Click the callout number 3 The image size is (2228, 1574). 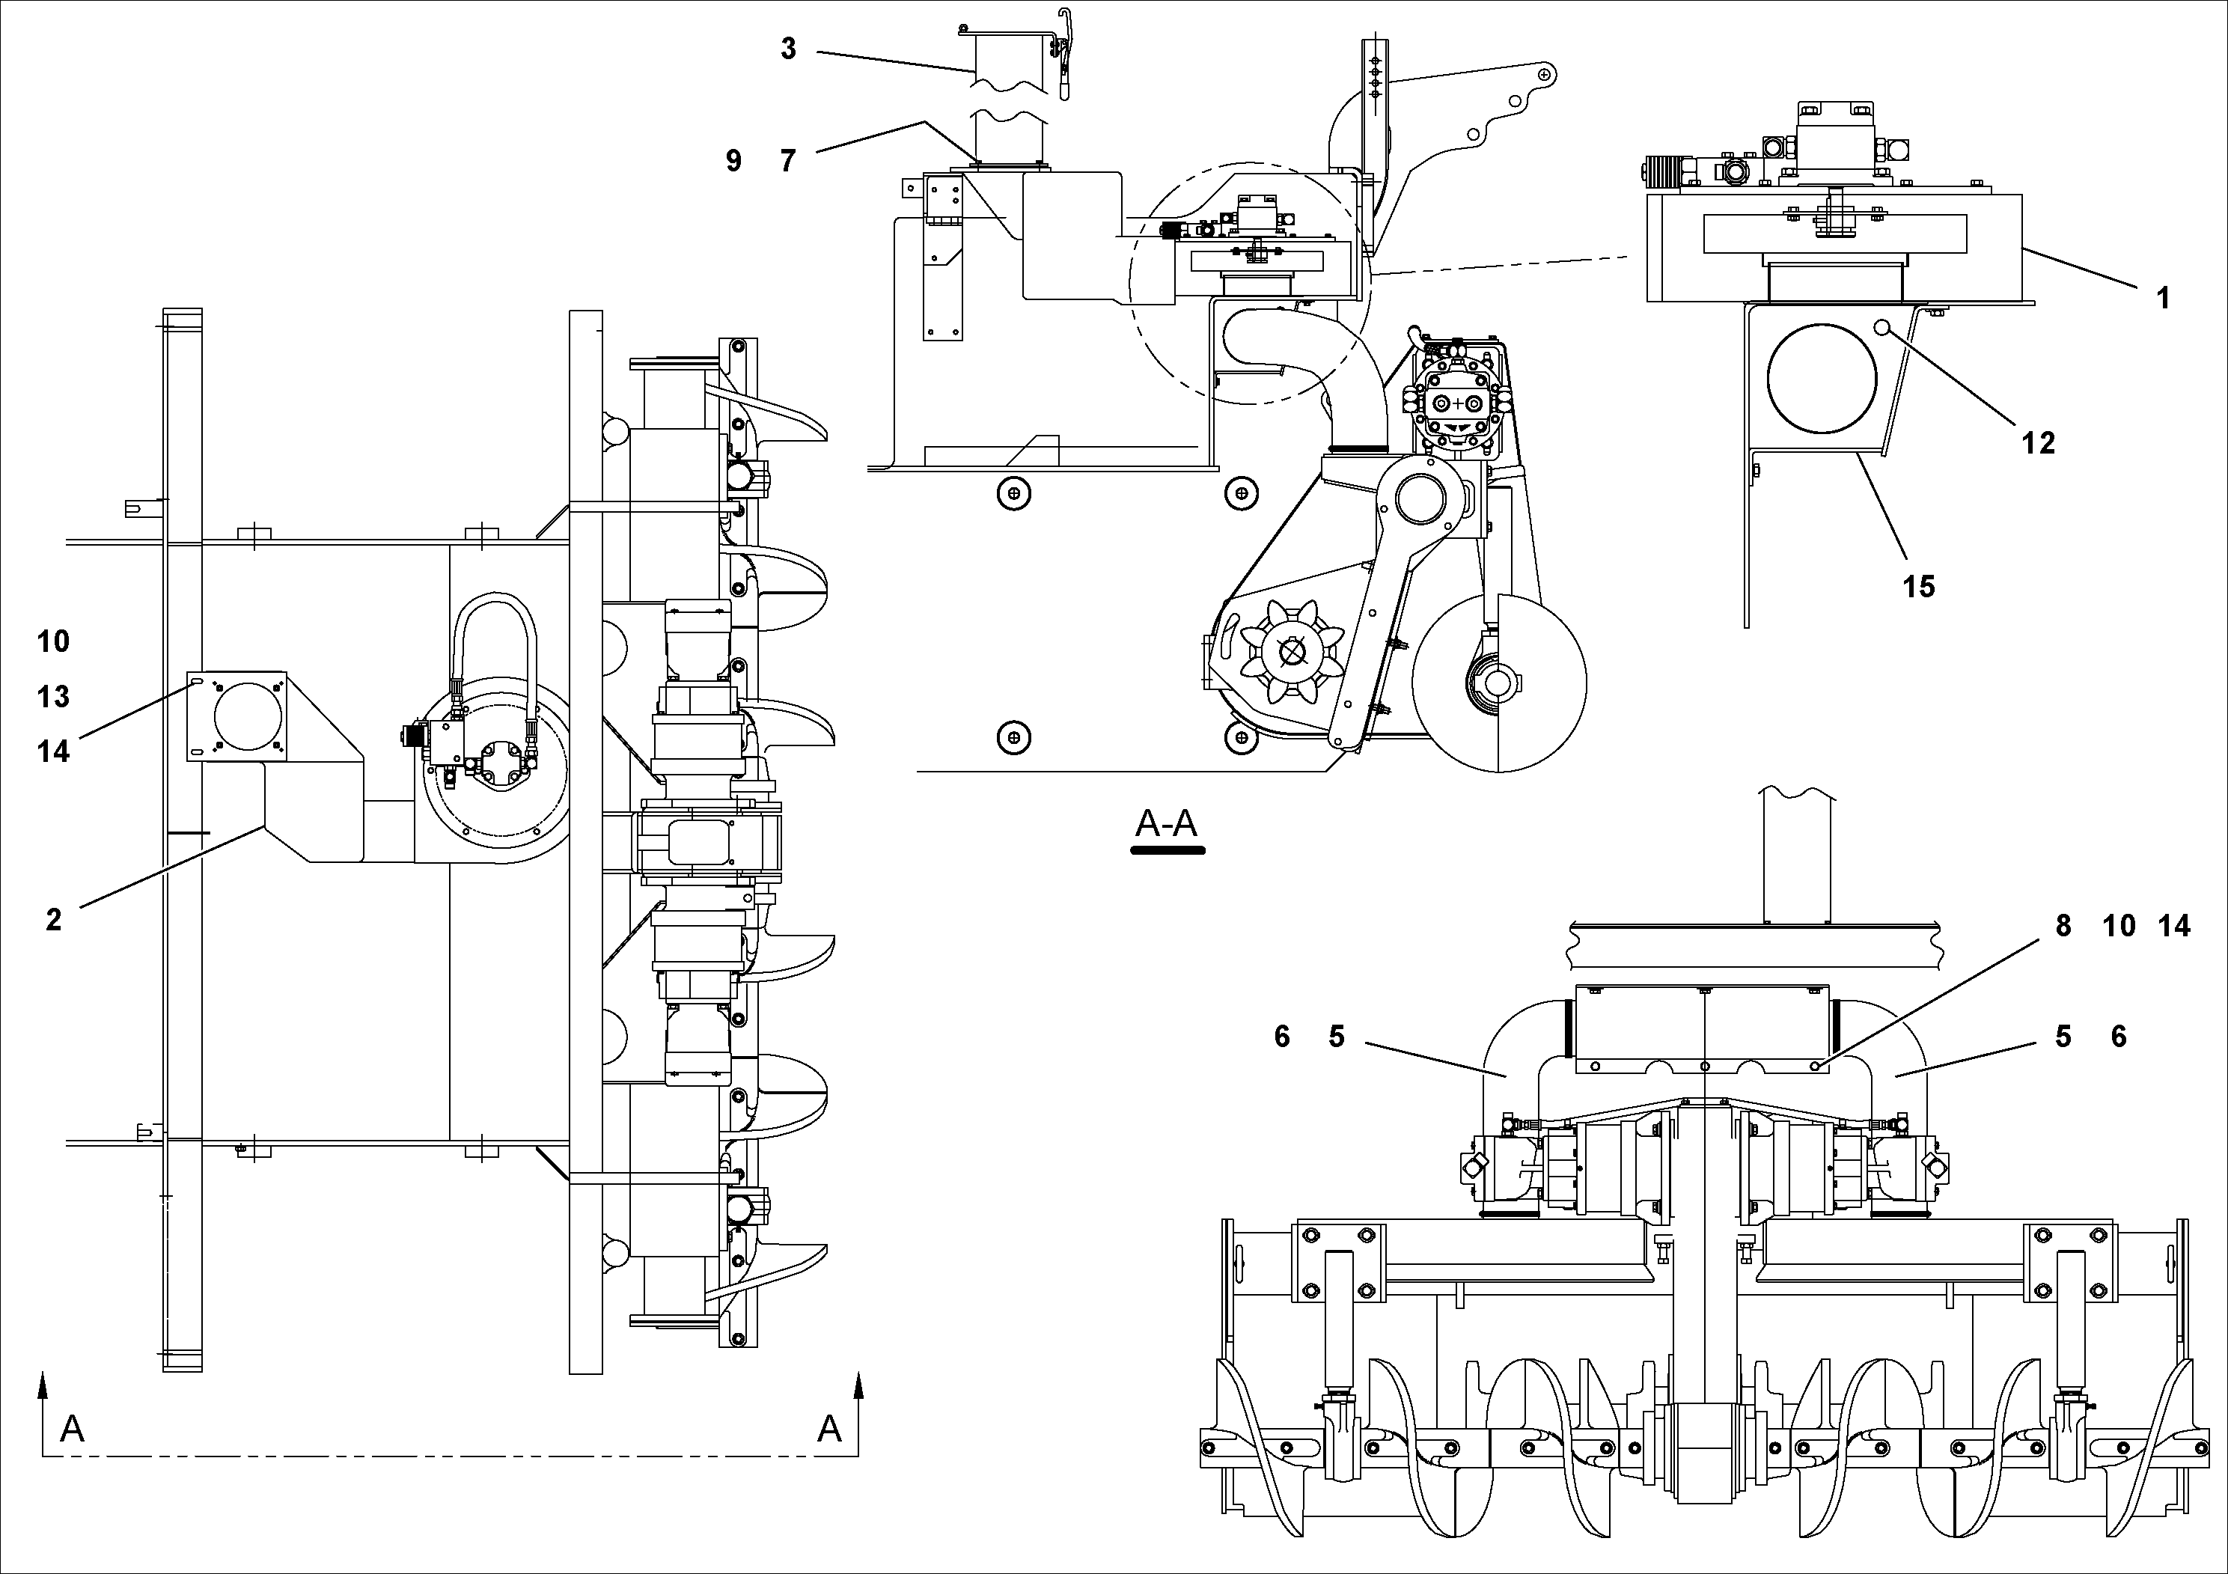788,49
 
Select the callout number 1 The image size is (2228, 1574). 2162,298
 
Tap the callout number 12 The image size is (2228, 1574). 2038,444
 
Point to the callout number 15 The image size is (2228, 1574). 1918,586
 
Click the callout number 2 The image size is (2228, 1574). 53,919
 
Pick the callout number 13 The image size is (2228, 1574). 53,696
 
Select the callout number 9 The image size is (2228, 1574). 733,160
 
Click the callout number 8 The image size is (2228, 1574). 2063,926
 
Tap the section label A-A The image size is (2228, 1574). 1167,824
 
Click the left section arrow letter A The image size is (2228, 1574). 72,1429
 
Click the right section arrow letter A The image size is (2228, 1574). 828,1429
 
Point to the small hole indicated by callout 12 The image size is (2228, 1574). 1882,328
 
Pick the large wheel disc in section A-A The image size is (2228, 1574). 1498,683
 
